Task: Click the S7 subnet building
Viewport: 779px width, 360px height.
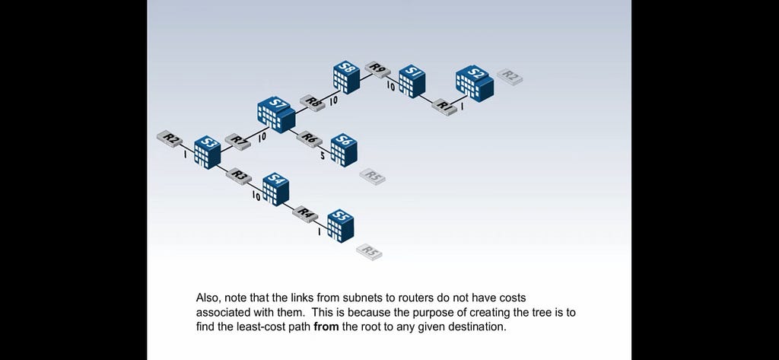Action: [276, 115]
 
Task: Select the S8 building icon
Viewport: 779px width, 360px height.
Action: [347, 77]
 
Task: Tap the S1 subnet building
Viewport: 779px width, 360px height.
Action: [412, 81]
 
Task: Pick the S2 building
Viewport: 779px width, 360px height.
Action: [475, 84]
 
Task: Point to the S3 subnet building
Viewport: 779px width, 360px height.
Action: [207, 153]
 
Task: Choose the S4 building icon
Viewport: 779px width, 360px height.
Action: [275, 189]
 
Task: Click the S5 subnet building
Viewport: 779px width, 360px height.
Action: [341, 226]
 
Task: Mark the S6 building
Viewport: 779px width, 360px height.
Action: [344, 150]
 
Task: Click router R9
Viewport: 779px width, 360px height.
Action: [377, 69]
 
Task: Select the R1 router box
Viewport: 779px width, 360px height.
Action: [444, 107]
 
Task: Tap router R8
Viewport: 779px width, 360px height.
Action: [313, 103]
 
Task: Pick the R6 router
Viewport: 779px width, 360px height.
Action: [309, 139]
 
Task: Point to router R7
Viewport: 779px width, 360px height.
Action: [237, 142]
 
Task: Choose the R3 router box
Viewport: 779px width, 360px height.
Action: [239, 176]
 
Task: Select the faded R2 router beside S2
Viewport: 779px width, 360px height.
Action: [510, 77]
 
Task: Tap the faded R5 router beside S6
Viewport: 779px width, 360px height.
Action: [373, 177]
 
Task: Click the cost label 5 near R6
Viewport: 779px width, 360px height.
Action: [323, 156]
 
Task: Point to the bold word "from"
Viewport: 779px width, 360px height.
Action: [326, 327]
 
